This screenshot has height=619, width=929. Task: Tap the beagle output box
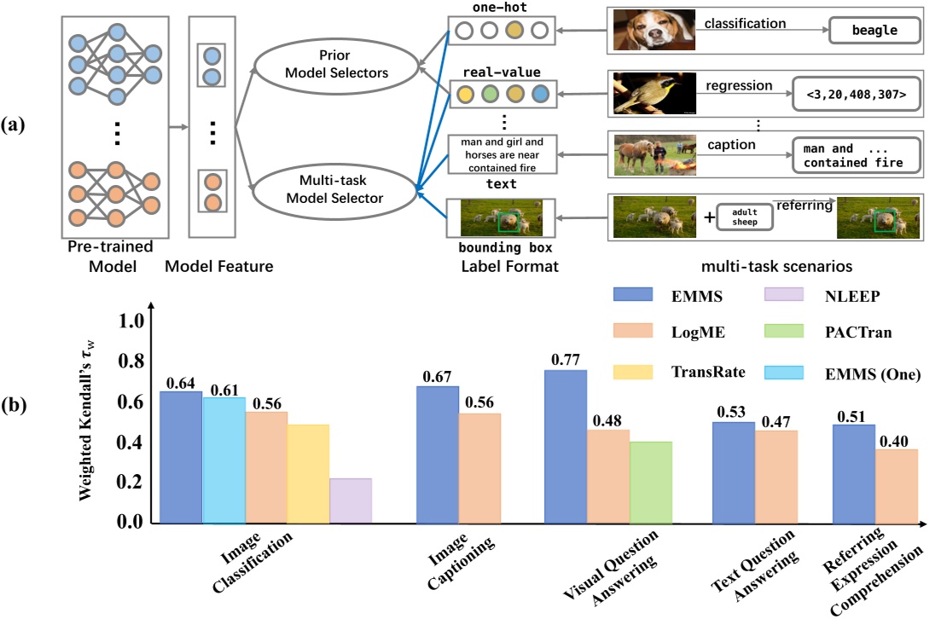click(x=874, y=30)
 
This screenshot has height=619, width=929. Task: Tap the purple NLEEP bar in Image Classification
click(x=351, y=500)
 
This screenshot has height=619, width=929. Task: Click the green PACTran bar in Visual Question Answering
click(x=651, y=482)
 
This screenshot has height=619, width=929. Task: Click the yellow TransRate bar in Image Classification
click(x=308, y=473)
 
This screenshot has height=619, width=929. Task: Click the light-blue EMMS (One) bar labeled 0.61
click(x=224, y=460)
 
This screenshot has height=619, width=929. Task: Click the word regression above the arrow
click(x=738, y=86)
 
